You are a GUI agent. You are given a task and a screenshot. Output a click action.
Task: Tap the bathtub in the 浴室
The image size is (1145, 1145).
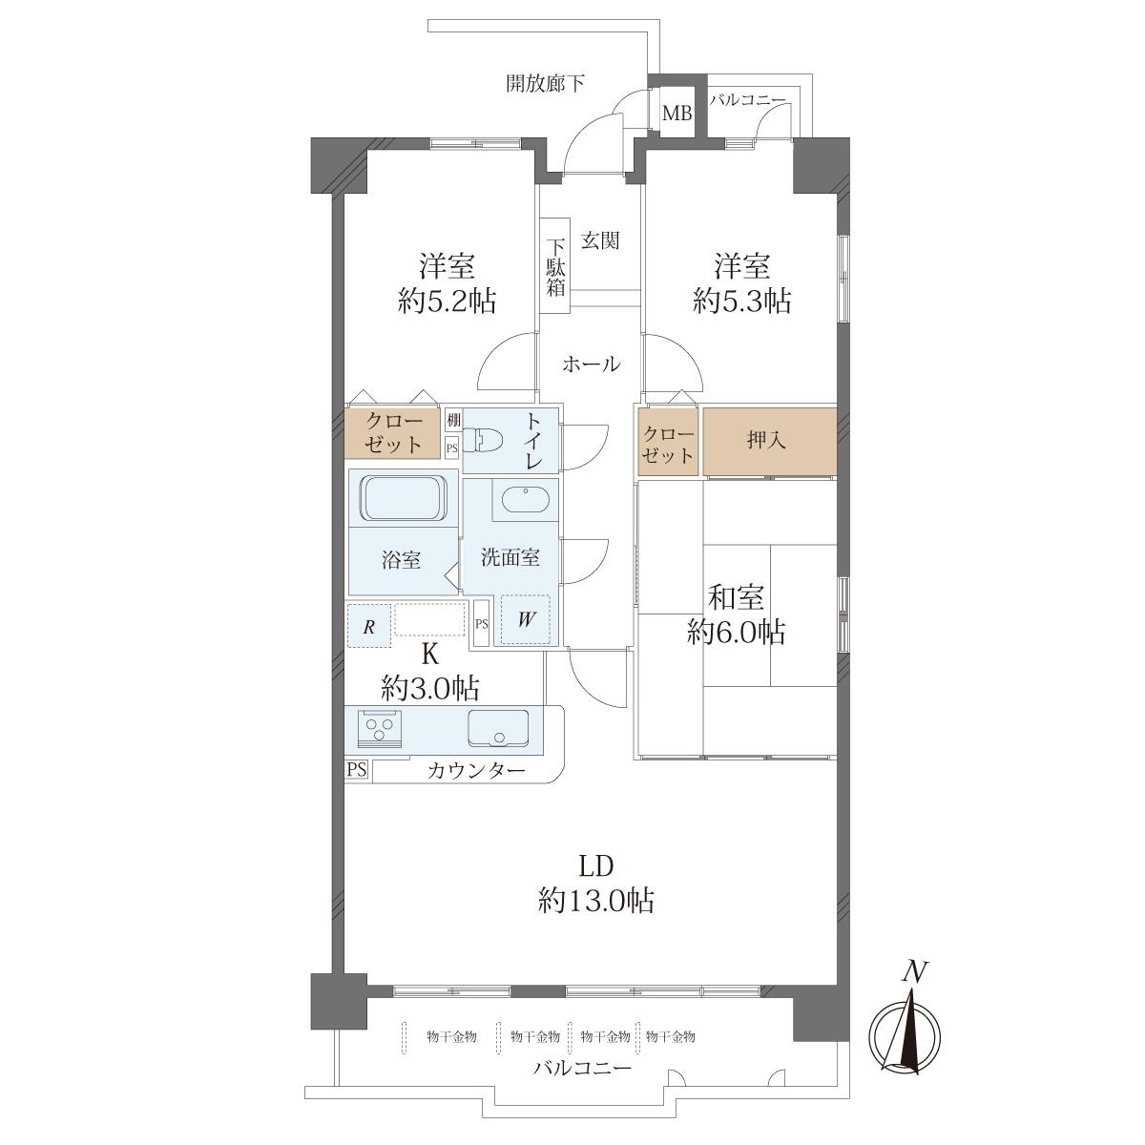tap(404, 498)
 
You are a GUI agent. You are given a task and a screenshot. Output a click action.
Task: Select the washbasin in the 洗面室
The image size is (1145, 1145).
tap(526, 499)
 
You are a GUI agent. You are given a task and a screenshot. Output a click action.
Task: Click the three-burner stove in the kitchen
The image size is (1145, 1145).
tap(379, 728)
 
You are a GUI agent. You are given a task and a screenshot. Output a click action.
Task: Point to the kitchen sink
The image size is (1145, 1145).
tap(498, 728)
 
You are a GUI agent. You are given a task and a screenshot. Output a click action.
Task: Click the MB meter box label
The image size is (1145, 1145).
tap(677, 113)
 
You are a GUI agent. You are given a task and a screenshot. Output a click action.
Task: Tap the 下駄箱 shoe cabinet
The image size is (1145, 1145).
tap(555, 267)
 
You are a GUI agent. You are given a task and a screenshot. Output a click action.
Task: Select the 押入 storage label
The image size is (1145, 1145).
tap(766, 441)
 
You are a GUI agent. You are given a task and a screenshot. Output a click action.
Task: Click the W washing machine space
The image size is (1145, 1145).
tap(526, 620)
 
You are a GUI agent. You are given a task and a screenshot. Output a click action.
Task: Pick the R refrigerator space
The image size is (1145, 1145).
tap(369, 626)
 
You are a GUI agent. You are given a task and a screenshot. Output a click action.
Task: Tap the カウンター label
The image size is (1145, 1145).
tap(476, 771)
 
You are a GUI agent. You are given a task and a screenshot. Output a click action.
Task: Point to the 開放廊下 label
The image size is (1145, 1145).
tap(545, 83)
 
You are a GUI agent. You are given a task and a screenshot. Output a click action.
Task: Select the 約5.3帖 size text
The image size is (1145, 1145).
tap(742, 302)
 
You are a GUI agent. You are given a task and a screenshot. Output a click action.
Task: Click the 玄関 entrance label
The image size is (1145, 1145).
tap(600, 240)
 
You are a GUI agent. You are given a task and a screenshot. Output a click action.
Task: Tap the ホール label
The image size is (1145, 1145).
tap(592, 364)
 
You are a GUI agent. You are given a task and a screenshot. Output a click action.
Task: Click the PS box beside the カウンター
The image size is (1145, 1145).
tap(357, 769)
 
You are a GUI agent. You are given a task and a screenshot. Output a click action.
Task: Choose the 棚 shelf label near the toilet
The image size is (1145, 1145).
tap(453, 420)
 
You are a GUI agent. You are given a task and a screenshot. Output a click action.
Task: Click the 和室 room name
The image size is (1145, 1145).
tap(736, 597)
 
